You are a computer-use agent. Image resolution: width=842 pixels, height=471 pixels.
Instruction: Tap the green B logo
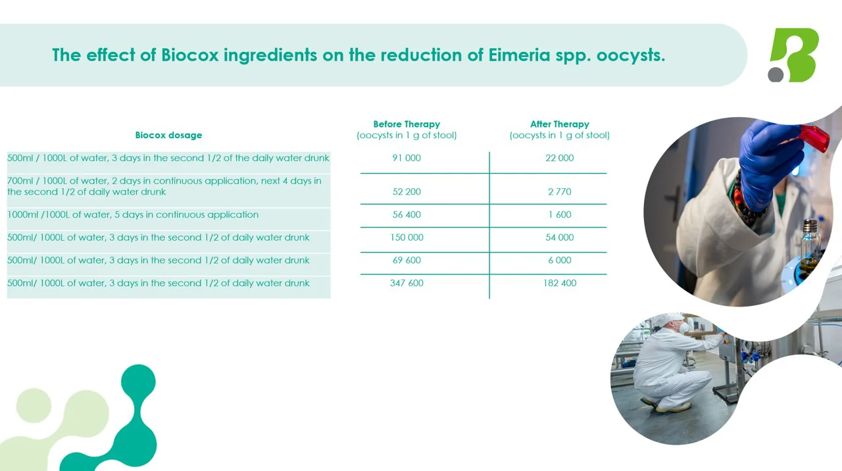coord(794,55)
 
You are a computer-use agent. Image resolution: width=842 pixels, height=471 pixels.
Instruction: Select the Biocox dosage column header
coord(168,135)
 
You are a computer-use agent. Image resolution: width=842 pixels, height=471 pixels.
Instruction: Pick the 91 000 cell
coord(407,158)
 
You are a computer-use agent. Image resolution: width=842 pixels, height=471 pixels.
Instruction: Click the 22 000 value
coord(559,158)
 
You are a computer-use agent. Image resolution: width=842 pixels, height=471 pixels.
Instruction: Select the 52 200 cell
coord(407,191)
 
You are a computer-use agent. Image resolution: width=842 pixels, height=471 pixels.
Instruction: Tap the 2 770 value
coord(559,191)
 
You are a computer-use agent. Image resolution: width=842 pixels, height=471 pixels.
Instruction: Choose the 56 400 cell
coord(407,214)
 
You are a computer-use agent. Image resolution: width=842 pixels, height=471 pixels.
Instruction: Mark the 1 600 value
coord(559,214)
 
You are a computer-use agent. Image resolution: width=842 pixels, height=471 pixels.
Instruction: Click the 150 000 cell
coord(407,237)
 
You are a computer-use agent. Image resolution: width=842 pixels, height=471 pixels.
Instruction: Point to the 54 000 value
coord(559,237)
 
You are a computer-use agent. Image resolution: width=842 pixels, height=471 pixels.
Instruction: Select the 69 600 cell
coord(407,260)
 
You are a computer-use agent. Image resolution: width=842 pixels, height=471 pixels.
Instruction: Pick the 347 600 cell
coord(407,283)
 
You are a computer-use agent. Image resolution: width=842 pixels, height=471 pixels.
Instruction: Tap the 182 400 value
coord(559,283)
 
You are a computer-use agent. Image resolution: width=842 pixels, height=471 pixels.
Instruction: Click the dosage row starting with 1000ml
coord(133,214)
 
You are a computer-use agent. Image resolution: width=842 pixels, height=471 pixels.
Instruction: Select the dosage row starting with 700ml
coord(164,186)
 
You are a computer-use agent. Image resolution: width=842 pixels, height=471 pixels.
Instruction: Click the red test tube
coord(814,138)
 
